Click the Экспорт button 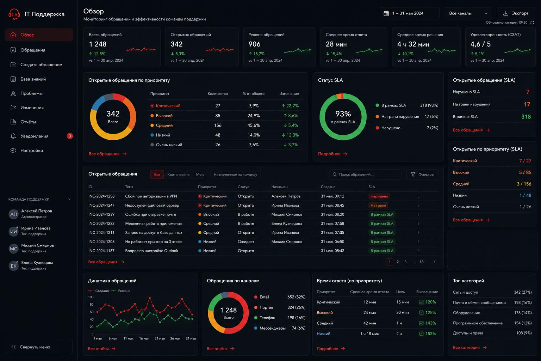(516, 13)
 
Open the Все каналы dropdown (468, 13)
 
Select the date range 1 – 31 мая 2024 (409, 13)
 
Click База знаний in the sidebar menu (33, 79)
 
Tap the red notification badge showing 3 (69, 136)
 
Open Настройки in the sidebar (32, 151)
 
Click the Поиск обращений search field (365, 175)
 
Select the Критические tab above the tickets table (178, 175)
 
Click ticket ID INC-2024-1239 (101, 214)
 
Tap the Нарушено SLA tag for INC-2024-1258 (379, 196)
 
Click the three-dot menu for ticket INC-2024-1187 (418, 251)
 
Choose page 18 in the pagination (421, 262)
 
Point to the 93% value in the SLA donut (343, 114)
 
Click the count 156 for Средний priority (218, 125)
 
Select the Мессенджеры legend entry (272, 328)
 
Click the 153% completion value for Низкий (430, 334)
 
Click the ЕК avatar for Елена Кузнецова (13, 266)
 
